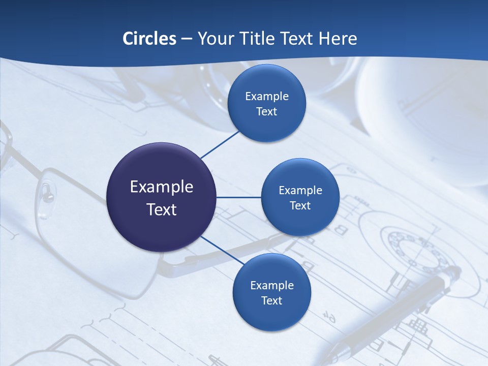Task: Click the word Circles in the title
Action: click(x=149, y=38)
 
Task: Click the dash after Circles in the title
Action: click(x=187, y=39)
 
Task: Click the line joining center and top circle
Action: click(x=220, y=144)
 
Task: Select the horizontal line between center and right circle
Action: click(x=239, y=197)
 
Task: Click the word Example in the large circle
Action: click(x=162, y=187)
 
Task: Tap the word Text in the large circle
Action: click(x=162, y=209)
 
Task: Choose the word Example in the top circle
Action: click(x=267, y=97)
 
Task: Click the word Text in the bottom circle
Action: click(x=272, y=300)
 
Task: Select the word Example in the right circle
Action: click(x=300, y=191)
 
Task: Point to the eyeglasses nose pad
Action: click(x=47, y=193)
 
